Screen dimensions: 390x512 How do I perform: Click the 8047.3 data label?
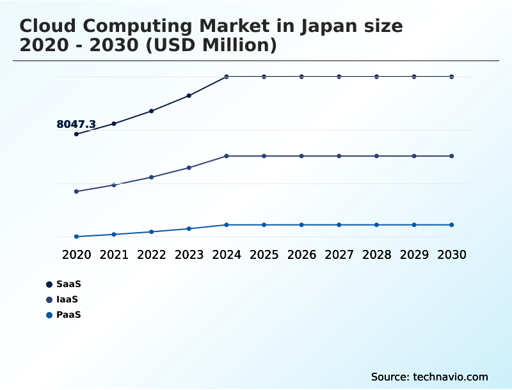pyautogui.click(x=76, y=125)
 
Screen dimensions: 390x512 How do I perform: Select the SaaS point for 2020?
pyautogui.click(x=76, y=134)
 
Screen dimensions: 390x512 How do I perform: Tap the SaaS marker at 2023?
pyautogui.click(x=189, y=96)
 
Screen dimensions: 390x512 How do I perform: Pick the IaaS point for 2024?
pyautogui.click(x=227, y=156)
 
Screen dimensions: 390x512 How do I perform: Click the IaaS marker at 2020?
pyautogui.click(x=76, y=192)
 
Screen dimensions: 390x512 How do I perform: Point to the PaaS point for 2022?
pyautogui.click(x=152, y=232)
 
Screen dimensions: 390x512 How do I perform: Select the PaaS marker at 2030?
pyautogui.click(x=452, y=225)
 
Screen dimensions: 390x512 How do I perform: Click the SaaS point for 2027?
pyautogui.click(x=339, y=77)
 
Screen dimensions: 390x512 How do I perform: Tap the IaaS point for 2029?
pyautogui.click(x=414, y=156)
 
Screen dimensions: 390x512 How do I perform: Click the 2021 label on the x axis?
pyautogui.click(x=114, y=254)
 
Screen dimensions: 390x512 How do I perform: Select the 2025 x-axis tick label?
pyautogui.click(x=264, y=254)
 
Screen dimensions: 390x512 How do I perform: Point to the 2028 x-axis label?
pyautogui.click(x=376, y=254)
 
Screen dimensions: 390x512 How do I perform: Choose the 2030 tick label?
pyautogui.click(x=452, y=254)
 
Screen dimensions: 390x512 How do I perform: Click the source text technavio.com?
pyautogui.click(x=451, y=377)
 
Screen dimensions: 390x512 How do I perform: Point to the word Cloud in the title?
pyautogui.click(x=47, y=26)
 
